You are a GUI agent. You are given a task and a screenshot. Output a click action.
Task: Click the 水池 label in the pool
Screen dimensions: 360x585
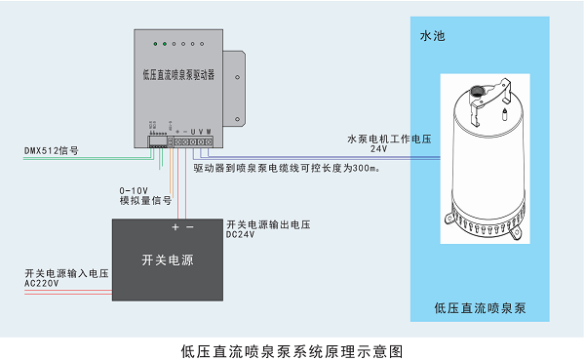click(431, 36)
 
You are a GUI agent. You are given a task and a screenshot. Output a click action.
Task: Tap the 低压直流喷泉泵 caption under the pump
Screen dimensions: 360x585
click(481, 309)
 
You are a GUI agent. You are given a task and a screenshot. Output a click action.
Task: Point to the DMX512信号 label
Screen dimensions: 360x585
click(51, 152)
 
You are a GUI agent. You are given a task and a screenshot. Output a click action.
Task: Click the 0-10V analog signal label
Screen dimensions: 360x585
click(135, 190)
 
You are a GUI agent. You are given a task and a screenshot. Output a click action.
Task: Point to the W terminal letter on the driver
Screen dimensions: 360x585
click(209, 132)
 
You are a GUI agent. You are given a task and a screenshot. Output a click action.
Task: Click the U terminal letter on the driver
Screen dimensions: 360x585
click(193, 132)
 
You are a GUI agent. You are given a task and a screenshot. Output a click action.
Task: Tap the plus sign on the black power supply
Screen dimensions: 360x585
click(175, 226)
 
